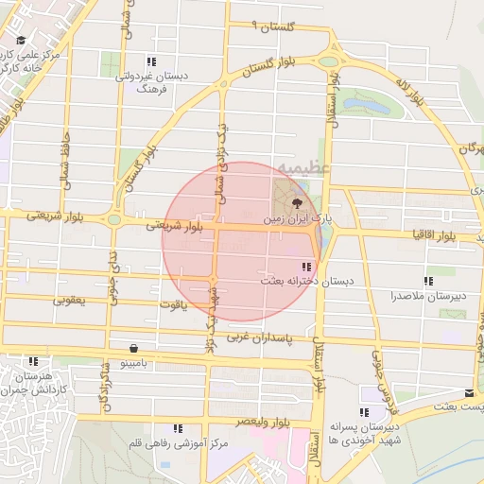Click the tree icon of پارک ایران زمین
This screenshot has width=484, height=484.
pyautogui.click(x=298, y=202)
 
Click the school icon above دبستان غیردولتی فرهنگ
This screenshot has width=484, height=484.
pyautogui.click(x=150, y=62)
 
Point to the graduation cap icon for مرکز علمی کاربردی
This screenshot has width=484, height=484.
pyautogui.click(x=21, y=41)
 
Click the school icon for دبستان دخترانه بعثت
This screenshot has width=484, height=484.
pyautogui.click(x=304, y=267)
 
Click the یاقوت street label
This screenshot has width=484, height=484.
pyautogui.click(x=174, y=304)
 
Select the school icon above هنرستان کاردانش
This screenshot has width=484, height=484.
pyautogui.click(x=34, y=361)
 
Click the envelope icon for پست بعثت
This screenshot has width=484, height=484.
pyautogui.click(x=470, y=392)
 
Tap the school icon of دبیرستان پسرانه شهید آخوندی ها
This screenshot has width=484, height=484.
pyautogui.click(x=364, y=412)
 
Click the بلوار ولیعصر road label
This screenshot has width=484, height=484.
pyautogui.click(x=244, y=422)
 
